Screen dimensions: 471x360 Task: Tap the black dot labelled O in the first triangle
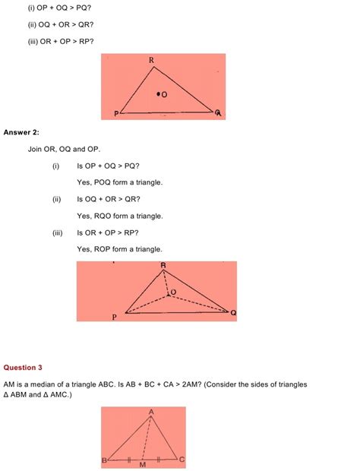coord(158,94)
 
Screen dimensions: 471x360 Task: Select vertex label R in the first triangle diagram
coord(151,59)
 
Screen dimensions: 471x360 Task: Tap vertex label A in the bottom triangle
coord(151,413)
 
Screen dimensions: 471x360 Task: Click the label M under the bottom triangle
coord(142,464)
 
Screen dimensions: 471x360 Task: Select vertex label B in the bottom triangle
coord(104,460)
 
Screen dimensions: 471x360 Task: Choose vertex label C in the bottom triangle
coord(182,460)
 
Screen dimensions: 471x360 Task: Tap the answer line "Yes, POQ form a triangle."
coord(119,182)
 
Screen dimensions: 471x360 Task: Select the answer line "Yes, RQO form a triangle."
coord(119,216)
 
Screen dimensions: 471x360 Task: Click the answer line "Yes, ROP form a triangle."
coord(119,249)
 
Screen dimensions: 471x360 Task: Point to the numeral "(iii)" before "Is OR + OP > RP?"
coord(57,232)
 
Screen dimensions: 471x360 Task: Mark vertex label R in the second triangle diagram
coord(163,265)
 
